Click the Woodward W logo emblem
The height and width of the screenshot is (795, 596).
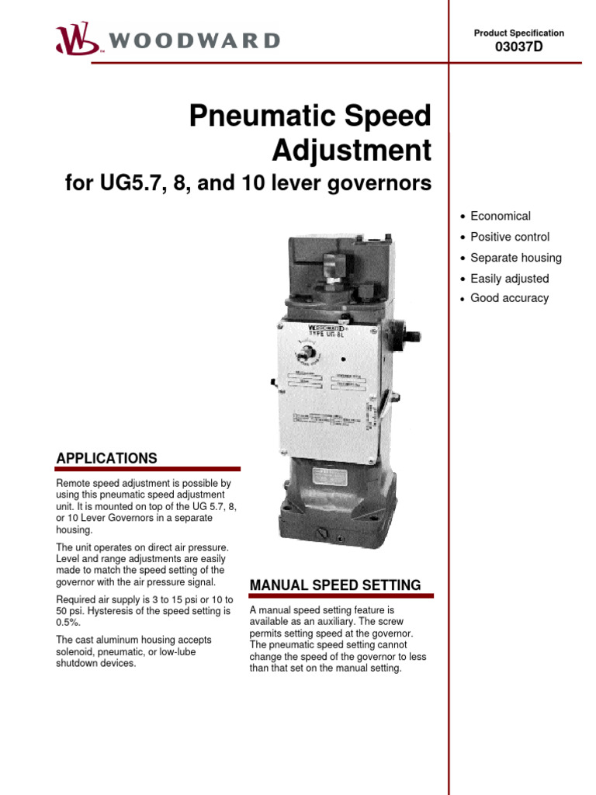(x=76, y=38)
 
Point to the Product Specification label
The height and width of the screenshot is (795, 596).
(x=518, y=33)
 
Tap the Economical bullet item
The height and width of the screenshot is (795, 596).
(x=501, y=216)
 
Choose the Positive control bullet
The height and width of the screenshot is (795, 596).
(x=510, y=237)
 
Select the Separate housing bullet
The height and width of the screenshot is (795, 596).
(x=516, y=258)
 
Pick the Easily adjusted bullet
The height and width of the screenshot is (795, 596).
(x=509, y=278)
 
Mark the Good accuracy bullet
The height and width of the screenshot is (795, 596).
(x=509, y=298)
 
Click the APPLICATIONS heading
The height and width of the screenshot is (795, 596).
(x=106, y=458)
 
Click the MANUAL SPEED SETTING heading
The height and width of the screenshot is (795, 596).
(x=334, y=585)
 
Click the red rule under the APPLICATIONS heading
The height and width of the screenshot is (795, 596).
(x=147, y=469)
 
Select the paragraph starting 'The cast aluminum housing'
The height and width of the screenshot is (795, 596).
(x=134, y=651)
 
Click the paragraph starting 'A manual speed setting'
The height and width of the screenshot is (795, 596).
(x=338, y=639)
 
